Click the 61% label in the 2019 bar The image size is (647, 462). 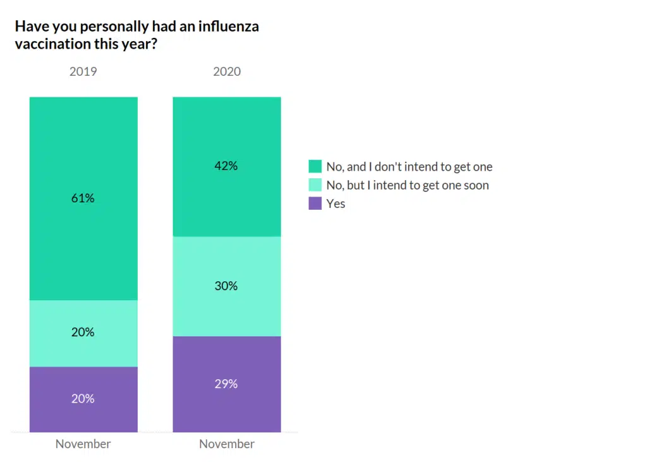click(x=83, y=198)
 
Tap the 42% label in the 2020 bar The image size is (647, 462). click(x=226, y=166)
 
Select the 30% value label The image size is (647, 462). click(x=226, y=286)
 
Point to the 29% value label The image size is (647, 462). click(x=226, y=383)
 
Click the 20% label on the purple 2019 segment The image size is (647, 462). click(x=83, y=398)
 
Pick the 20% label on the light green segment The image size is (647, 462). click(x=83, y=332)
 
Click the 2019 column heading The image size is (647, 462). click(x=83, y=71)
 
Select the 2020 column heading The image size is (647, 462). click(x=226, y=71)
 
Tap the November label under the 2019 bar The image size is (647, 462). click(x=83, y=444)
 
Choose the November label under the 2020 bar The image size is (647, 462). click(x=226, y=444)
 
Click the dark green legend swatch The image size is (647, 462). click(x=315, y=167)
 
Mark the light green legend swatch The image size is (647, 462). click(x=315, y=185)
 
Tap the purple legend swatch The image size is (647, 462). click(x=315, y=204)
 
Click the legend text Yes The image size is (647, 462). click(x=336, y=204)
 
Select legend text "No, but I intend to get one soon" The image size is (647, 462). click(x=408, y=185)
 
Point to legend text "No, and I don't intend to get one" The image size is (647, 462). click(x=409, y=167)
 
